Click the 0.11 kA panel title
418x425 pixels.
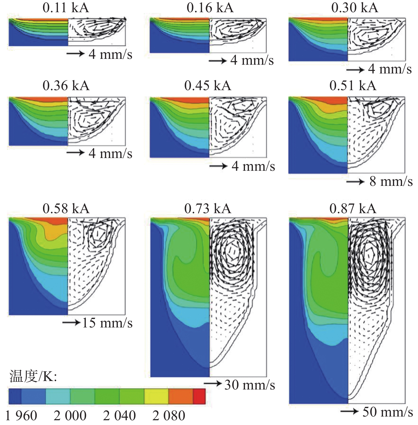pos(66,8)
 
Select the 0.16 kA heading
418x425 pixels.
pos(210,8)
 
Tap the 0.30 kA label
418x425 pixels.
pos(355,8)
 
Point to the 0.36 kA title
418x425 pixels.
pos(66,86)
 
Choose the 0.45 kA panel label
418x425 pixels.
pos(208,86)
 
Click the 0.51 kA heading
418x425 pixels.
pos(353,86)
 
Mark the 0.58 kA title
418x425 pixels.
pos(66,209)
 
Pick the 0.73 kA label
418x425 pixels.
pos(208,209)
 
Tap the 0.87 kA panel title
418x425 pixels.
pos(353,209)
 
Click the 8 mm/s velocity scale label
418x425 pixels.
pos(391,182)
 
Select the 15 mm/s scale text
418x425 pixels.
pos(107,323)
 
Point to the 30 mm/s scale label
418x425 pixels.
pos(249,385)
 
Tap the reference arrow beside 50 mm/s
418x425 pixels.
pos(349,411)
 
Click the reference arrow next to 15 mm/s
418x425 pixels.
pos(71,323)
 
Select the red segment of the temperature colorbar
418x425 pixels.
pos(199,396)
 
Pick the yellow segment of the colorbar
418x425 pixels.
pos(156,396)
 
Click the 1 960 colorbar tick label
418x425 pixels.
pos(21,416)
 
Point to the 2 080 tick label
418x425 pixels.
pos(169,416)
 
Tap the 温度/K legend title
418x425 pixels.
pos(33,376)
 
